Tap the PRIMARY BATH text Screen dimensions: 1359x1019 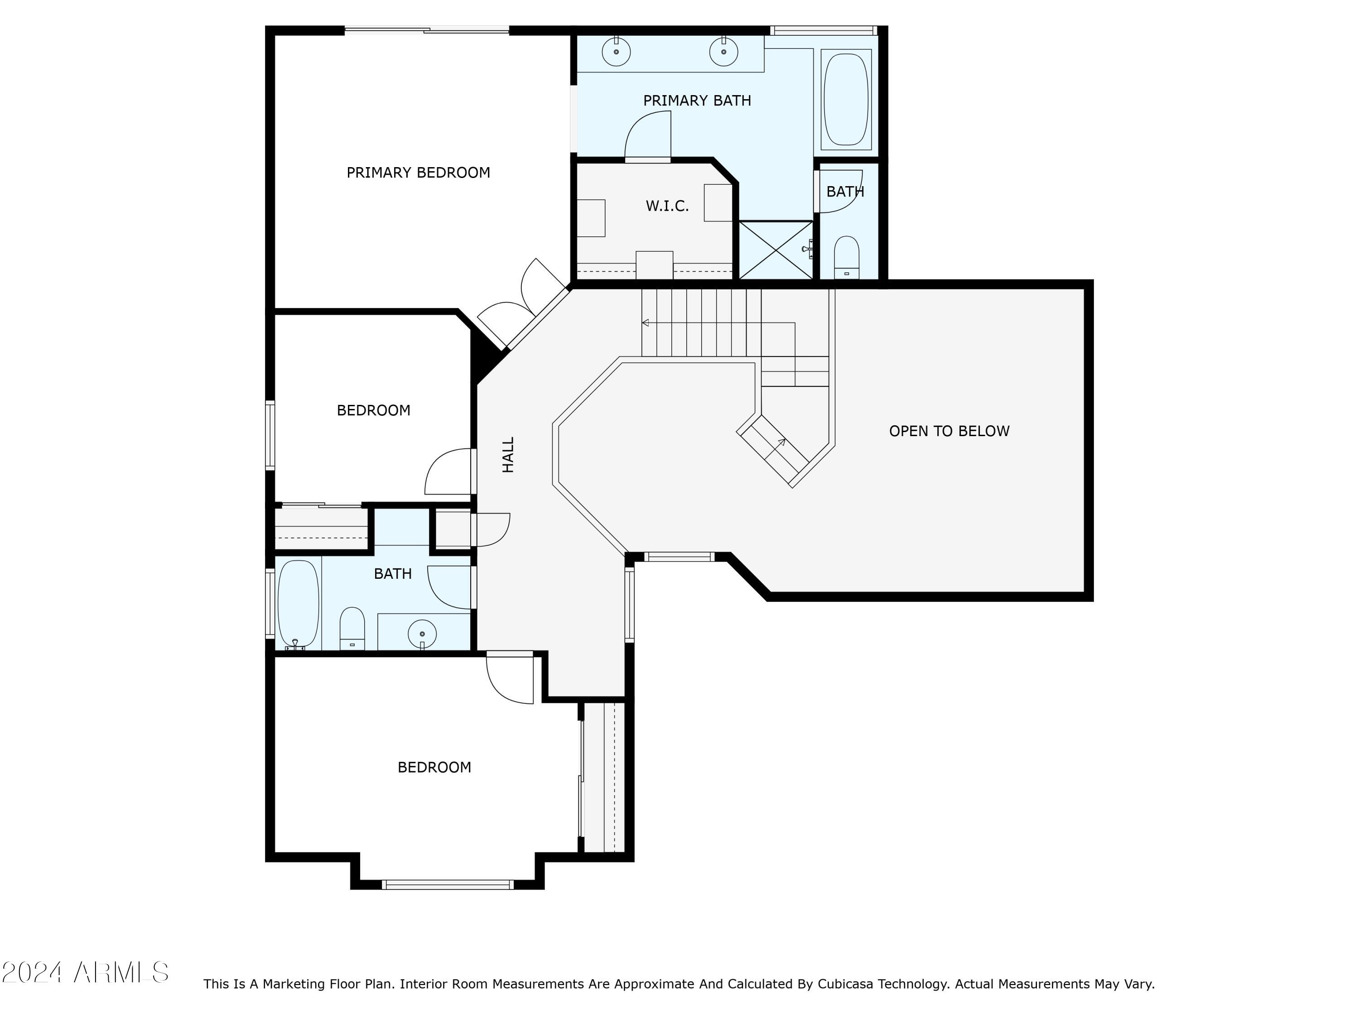point(697,100)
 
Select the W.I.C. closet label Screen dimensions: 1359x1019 point(667,206)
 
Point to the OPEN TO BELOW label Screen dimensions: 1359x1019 point(949,431)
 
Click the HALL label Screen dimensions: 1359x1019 point(508,455)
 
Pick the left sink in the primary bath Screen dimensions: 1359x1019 point(616,51)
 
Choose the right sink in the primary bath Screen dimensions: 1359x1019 point(724,51)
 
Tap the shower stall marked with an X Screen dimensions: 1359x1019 point(776,250)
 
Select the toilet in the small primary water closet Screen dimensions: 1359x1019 point(847,257)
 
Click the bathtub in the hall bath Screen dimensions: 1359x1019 point(298,603)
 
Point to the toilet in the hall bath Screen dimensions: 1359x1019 point(352,628)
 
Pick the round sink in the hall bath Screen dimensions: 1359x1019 point(422,633)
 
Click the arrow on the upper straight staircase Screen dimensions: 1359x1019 point(718,322)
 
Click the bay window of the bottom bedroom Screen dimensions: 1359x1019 point(447,884)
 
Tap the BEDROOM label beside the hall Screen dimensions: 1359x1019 point(374,410)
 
